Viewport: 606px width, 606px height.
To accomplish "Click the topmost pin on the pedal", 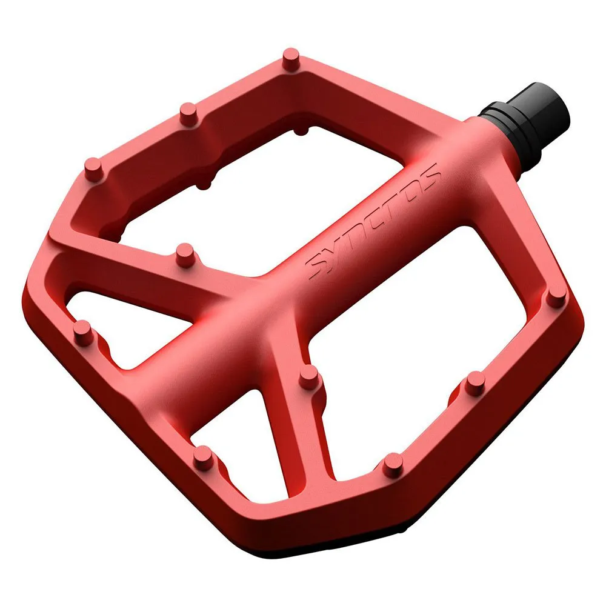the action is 291,59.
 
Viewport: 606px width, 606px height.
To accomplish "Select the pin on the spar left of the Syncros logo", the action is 185,255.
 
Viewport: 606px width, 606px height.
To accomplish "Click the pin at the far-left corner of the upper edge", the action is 93,169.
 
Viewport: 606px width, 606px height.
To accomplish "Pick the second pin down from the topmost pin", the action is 188,114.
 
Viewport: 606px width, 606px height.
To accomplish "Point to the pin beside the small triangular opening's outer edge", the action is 83,332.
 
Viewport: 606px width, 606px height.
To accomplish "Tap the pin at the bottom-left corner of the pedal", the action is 203,458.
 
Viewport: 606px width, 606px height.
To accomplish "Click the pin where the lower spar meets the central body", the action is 309,377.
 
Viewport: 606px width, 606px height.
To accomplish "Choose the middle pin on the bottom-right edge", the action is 475,383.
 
